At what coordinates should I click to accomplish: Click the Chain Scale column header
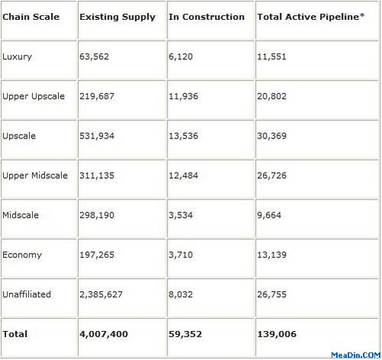coord(31,17)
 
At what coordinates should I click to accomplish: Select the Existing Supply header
coord(118,17)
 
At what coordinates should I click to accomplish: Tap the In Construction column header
coord(206,17)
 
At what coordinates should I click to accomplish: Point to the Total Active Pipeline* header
coord(311,17)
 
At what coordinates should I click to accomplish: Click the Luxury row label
coord(17,57)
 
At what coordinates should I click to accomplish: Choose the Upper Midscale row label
coord(35,175)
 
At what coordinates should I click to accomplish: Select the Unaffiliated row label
coord(27,294)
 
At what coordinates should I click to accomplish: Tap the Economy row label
coord(22,255)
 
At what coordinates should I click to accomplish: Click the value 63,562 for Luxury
coord(94,57)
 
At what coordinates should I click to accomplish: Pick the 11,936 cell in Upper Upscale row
coord(183,96)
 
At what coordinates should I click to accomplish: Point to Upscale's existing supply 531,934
coord(97,136)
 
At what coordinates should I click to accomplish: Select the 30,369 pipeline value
coord(272,136)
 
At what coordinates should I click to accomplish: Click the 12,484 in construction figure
coord(183,176)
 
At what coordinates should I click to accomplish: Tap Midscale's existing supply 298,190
coord(97,215)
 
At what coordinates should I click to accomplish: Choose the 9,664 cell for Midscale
coord(269,215)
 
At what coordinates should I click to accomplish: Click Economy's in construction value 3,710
coord(180,255)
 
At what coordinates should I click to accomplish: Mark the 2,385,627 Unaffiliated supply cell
coord(101,294)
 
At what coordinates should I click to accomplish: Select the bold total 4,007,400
coord(104,334)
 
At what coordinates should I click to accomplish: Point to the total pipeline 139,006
coord(277,334)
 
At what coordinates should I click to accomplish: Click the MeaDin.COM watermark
coord(356,355)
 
